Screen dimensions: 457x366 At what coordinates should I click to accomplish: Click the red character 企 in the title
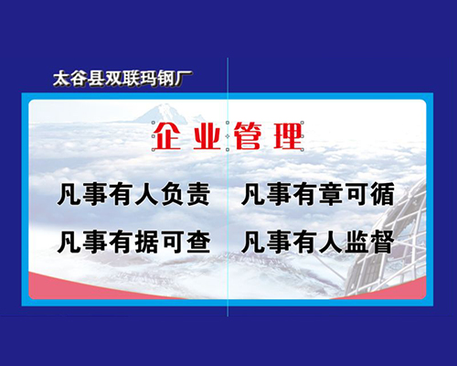167,136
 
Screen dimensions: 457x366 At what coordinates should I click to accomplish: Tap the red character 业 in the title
207,137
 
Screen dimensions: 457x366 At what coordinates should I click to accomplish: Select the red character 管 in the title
248,136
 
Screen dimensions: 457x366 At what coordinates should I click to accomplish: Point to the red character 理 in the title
289,136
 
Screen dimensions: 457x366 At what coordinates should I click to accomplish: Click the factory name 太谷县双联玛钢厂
122,79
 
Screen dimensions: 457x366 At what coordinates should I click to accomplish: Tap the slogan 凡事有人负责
134,194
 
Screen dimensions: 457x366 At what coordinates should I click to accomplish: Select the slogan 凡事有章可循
318,194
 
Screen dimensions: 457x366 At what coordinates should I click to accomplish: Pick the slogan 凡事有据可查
134,242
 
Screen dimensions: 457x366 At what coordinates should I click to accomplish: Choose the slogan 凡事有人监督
318,242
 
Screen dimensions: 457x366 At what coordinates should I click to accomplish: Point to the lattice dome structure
387,241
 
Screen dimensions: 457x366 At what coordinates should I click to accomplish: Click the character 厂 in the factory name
183,79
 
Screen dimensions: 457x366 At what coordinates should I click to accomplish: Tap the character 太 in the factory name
62,80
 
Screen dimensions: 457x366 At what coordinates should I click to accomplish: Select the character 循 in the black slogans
383,194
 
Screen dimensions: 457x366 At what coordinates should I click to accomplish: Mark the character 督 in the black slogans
383,242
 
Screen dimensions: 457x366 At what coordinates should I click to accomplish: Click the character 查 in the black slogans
198,242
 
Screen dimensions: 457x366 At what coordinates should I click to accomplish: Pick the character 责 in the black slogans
198,194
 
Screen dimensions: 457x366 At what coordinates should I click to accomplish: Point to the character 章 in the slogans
331,194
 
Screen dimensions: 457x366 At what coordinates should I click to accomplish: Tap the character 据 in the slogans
147,242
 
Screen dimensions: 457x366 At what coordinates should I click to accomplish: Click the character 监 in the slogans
357,242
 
